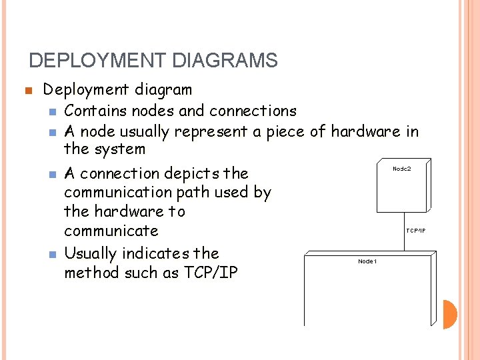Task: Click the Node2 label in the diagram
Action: (402, 169)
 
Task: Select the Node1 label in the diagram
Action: (367, 261)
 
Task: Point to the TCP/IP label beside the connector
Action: (416, 231)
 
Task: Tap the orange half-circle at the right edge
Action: (451, 315)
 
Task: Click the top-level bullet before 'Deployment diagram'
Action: (27, 91)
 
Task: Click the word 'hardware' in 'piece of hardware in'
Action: (366, 131)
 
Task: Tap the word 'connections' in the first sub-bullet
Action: (253, 111)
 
